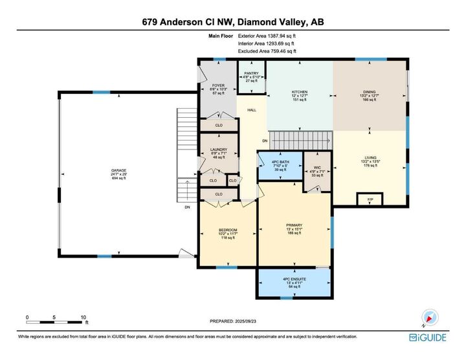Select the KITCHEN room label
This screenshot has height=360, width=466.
(299, 93)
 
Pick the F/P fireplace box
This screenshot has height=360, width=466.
(370, 199)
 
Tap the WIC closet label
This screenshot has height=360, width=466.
(317, 167)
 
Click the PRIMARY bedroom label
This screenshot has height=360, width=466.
(294, 225)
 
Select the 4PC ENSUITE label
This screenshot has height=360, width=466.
(294, 279)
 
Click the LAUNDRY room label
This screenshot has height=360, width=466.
(218, 150)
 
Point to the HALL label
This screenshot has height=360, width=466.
(252, 110)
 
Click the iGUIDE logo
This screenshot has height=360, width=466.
(428, 337)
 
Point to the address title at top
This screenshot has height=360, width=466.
(233, 21)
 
